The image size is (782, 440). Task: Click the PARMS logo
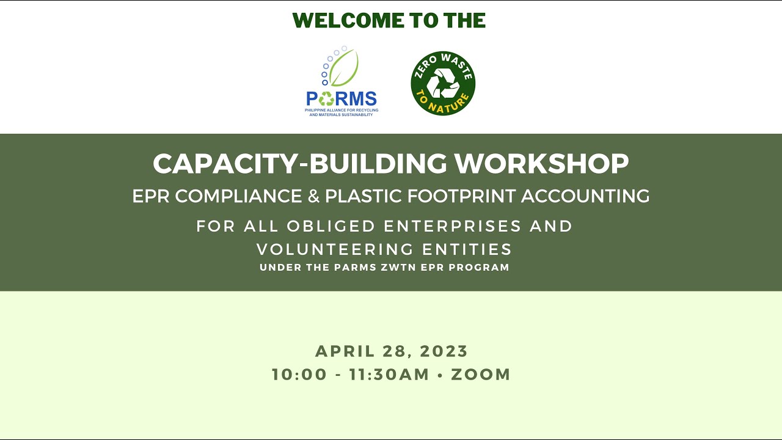[x=342, y=82]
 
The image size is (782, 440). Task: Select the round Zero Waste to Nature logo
[x=443, y=83]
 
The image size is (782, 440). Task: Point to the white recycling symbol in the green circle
[x=443, y=83]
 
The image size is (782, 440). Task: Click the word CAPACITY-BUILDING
[x=300, y=164]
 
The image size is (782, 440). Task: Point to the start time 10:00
[x=299, y=375]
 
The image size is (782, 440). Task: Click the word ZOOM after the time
[x=481, y=375]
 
